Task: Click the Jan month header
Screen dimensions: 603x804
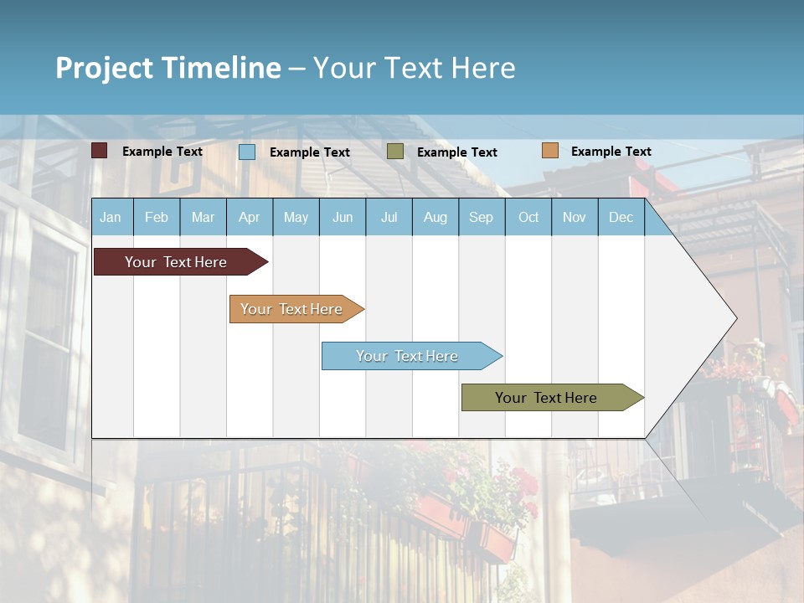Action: pyautogui.click(x=111, y=217)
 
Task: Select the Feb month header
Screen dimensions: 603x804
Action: pyautogui.click(x=157, y=217)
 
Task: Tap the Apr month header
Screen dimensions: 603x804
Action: pyautogui.click(x=249, y=217)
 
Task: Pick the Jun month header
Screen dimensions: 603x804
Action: pyautogui.click(x=343, y=217)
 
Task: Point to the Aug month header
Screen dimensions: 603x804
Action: pyautogui.click(x=435, y=217)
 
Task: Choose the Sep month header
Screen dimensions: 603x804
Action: pyautogui.click(x=481, y=217)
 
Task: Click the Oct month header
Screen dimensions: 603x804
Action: pyautogui.click(x=528, y=217)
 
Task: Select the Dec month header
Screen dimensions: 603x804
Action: pyautogui.click(x=621, y=217)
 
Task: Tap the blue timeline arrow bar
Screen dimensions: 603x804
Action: pyautogui.click(x=408, y=356)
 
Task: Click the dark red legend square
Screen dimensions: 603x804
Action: pyautogui.click(x=100, y=151)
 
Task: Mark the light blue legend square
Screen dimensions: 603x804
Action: pyautogui.click(x=247, y=152)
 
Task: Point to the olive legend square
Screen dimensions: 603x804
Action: pyautogui.click(x=395, y=152)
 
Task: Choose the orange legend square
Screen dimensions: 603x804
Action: pyautogui.click(x=550, y=151)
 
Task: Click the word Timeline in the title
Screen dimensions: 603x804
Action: pyautogui.click(x=220, y=68)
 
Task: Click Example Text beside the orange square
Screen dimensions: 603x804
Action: pyautogui.click(x=611, y=152)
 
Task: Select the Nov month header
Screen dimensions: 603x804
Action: pyautogui.click(x=575, y=217)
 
